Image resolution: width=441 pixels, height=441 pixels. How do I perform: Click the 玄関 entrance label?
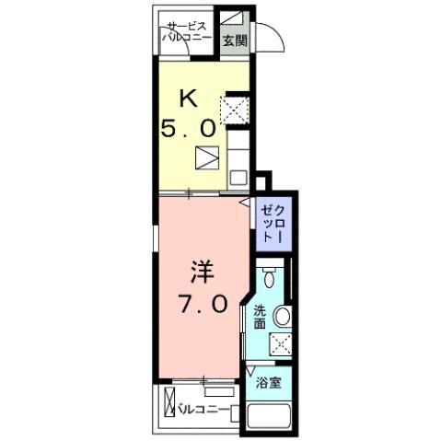coord(236,41)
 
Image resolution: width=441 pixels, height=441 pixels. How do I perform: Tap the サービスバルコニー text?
coord(187,33)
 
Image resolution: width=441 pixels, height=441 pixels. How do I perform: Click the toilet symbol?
coord(269,277)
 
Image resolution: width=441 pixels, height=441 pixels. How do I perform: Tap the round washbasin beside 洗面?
coord(283,318)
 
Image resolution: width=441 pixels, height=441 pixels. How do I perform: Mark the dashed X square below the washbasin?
coord(280,344)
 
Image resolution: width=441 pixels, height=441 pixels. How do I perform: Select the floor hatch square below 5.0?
coord(208,157)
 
